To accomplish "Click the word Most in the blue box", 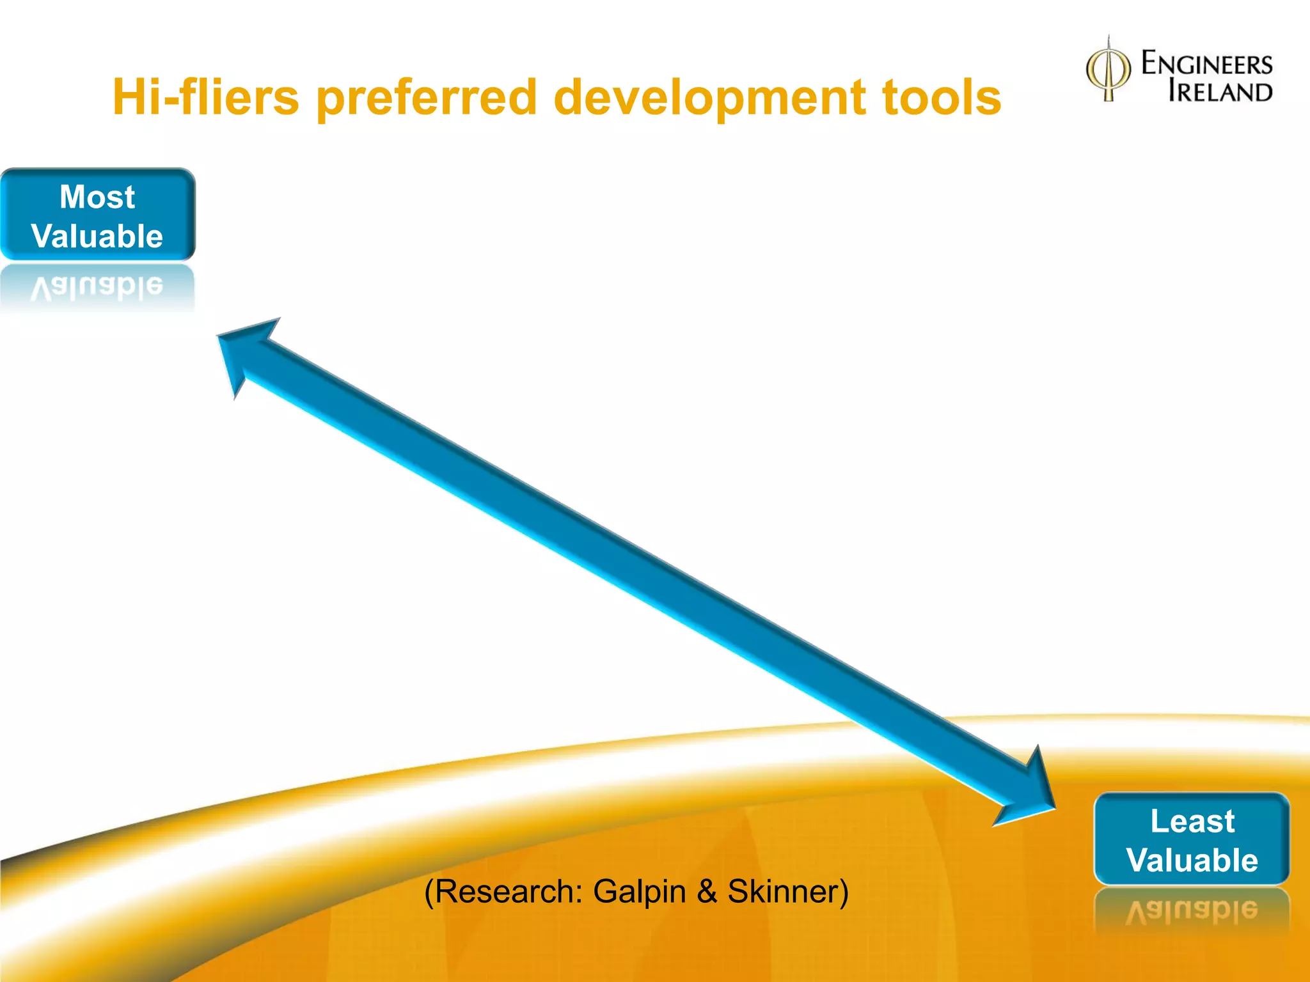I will pyautogui.click(x=97, y=196).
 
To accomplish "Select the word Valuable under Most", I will pyautogui.click(x=97, y=236).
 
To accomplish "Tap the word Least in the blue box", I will pyautogui.click(x=1192, y=821).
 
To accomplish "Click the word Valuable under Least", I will pyautogui.click(x=1192, y=860).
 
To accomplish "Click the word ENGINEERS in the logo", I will pyautogui.click(x=1207, y=64).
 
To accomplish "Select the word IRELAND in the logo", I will pyautogui.click(x=1220, y=91).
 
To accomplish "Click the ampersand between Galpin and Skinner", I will pyautogui.click(x=707, y=891).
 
